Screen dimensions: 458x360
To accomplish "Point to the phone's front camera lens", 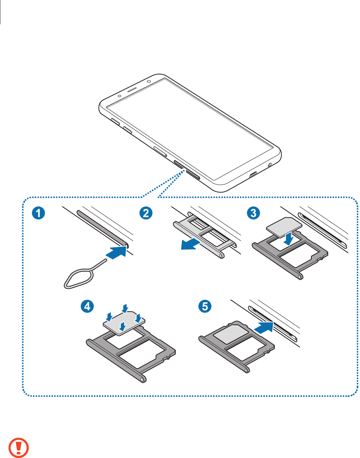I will (x=148, y=81).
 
